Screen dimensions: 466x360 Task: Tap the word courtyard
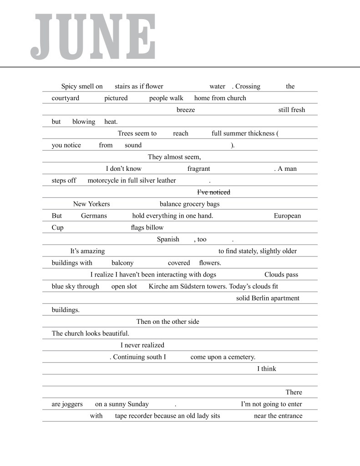66,98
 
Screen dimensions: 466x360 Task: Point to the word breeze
186,110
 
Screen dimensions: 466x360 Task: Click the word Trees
126,133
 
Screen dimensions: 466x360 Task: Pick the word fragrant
198,169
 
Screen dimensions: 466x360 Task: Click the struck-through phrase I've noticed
213,192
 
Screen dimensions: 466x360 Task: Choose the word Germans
94,216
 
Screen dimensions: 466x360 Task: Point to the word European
287,216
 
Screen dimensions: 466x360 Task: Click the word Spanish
168,240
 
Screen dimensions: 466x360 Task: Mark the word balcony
122,263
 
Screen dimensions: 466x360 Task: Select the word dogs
208,275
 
